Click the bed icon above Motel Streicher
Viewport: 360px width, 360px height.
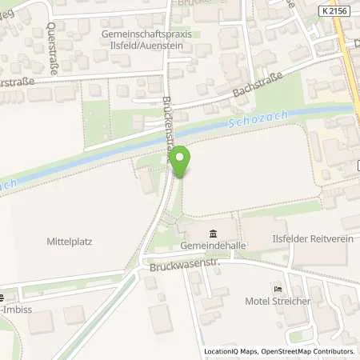[278, 289]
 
